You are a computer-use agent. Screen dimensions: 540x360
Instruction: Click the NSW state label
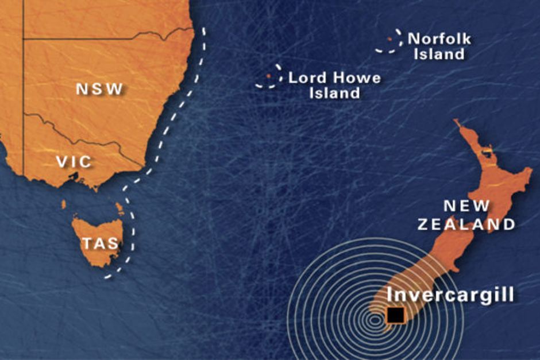coord(99,90)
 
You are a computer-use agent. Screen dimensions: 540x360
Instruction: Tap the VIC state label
coord(74,162)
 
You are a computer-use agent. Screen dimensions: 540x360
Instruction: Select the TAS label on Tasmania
coord(100,243)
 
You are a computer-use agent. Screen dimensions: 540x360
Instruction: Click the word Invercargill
coord(450,295)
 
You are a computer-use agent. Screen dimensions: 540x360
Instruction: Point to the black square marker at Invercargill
coord(395,315)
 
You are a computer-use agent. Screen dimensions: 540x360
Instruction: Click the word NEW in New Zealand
coord(466,206)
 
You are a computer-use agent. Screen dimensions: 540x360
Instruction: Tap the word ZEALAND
coord(466,224)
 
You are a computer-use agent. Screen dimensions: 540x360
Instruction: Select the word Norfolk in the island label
coord(439,39)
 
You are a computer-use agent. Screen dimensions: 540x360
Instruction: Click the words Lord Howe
coord(334,78)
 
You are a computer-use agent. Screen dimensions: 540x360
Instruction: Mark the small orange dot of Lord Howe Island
coord(268,76)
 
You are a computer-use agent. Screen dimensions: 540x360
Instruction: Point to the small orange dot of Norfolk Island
coord(389,39)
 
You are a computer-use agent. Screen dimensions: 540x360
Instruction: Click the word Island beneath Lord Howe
coord(334,92)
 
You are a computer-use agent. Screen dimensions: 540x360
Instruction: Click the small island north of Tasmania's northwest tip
coord(64,204)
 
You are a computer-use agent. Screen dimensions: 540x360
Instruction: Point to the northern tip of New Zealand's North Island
coord(456,122)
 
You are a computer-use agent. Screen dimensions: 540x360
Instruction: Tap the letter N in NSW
coord(82,90)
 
